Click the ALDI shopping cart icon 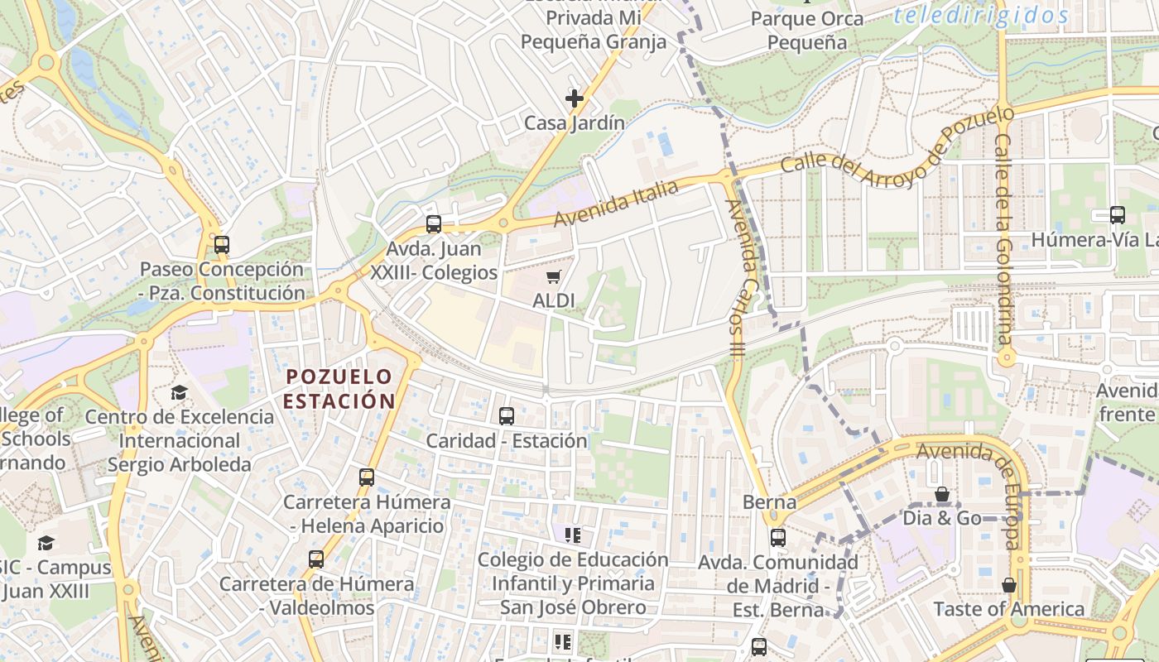(x=553, y=276)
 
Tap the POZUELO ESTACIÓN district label (x=339, y=388)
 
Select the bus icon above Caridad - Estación (x=506, y=416)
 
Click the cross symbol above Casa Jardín (x=574, y=98)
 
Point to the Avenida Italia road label (x=616, y=204)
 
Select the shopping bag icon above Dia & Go (x=941, y=495)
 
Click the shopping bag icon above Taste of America (x=1008, y=585)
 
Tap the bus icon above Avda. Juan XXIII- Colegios (x=433, y=224)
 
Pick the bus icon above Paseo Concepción (x=221, y=245)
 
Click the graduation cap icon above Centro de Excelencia (x=179, y=392)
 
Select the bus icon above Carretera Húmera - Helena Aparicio (x=367, y=477)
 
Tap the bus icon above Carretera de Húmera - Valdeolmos (x=316, y=559)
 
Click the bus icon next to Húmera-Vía (x=1117, y=215)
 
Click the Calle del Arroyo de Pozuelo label (x=898, y=141)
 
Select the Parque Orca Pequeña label (x=806, y=31)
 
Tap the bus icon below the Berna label (x=777, y=538)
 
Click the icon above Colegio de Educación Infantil (x=572, y=535)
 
